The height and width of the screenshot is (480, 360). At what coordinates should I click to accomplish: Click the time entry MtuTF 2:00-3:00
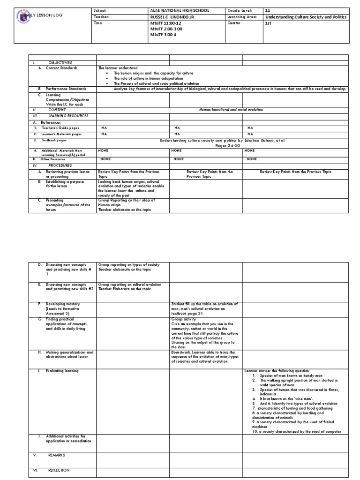[166, 29]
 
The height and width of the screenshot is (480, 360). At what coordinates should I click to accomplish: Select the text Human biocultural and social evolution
[231, 110]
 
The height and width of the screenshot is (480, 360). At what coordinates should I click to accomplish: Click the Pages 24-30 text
[227, 146]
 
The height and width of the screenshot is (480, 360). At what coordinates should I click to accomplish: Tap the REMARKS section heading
[56, 455]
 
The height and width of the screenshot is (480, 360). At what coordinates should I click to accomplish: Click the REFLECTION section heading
[58, 470]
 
